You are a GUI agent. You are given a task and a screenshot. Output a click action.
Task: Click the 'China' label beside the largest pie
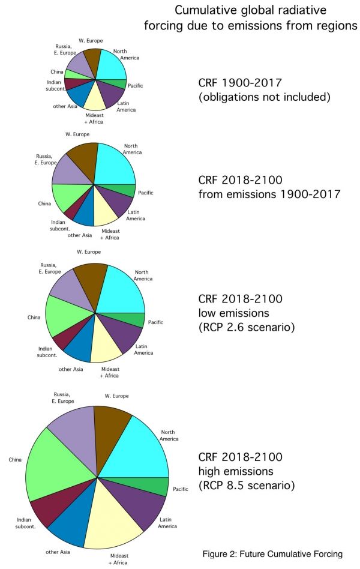[x=16, y=460]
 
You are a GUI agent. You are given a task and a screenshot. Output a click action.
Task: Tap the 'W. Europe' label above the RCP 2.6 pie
[x=89, y=252]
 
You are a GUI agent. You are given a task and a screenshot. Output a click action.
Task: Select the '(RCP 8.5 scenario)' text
[x=247, y=485]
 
